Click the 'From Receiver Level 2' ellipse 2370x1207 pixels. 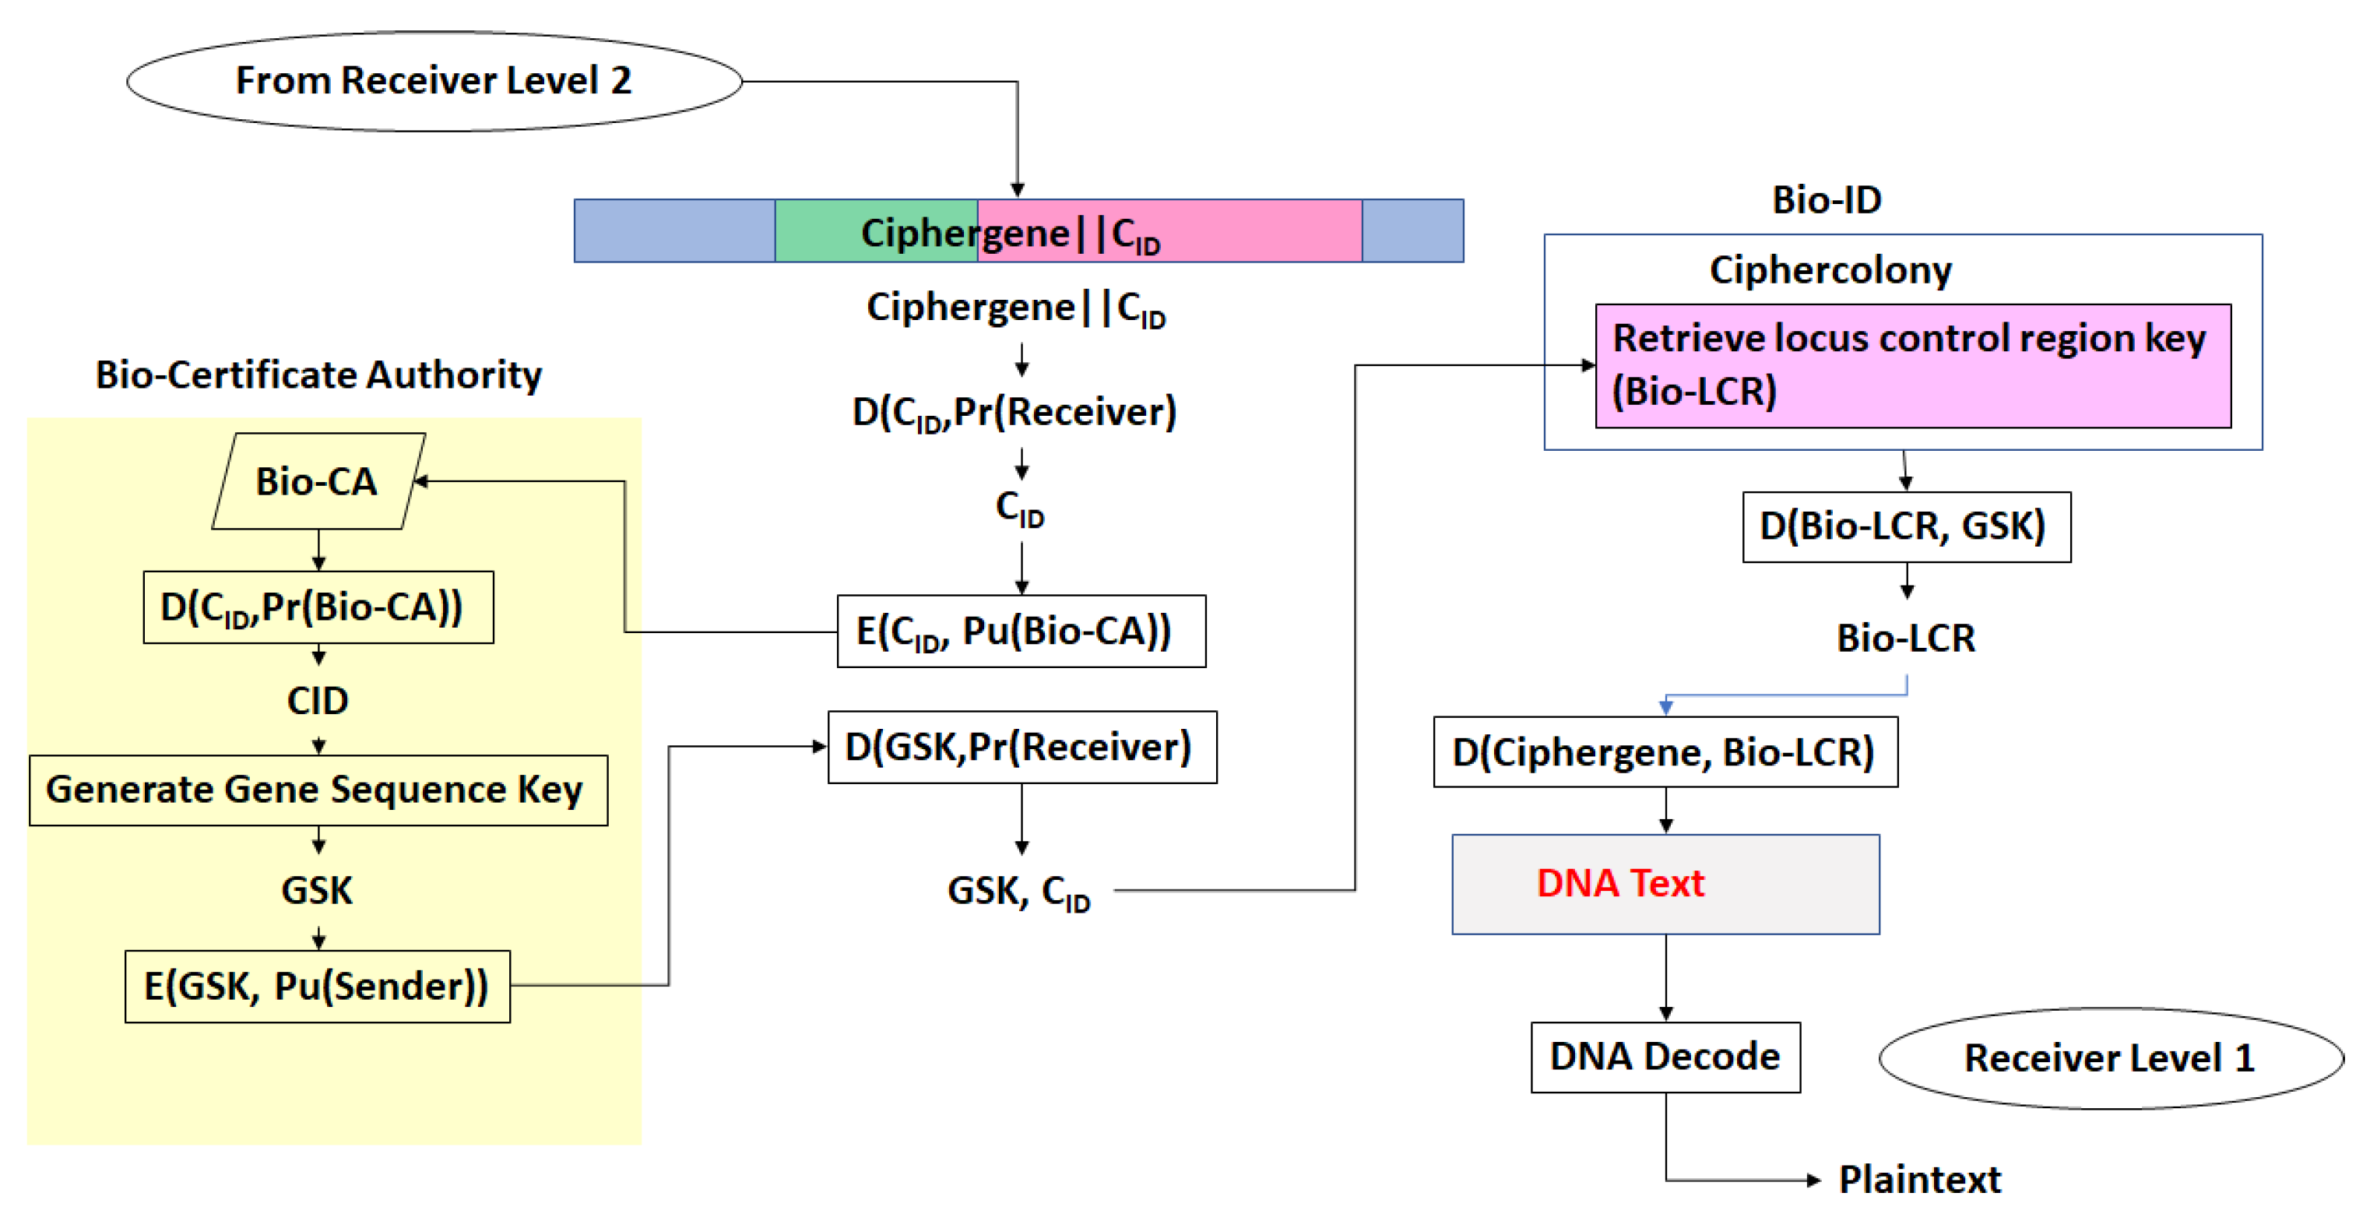point(434,81)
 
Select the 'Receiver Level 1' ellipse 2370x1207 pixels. point(2110,1058)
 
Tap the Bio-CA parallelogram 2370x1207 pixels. point(318,481)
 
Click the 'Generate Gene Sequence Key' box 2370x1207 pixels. point(318,790)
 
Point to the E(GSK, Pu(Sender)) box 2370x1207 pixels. point(318,986)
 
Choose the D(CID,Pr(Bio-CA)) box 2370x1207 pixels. point(318,607)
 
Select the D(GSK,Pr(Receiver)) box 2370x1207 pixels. point(1021,747)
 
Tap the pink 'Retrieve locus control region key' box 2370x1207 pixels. point(1912,365)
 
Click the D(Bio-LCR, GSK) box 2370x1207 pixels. point(1905,526)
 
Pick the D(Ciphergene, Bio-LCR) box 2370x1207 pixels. point(1665,751)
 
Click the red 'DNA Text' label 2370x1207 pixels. point(1620,883)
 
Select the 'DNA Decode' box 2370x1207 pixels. point(1665,1056)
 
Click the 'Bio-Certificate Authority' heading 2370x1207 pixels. point(318,375)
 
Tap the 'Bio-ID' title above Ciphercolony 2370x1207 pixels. point(1827,199)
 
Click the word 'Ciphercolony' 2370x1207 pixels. point(1830,269)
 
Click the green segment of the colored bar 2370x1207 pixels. point(875,231)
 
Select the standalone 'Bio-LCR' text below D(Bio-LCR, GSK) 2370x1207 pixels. point(1905,638)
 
